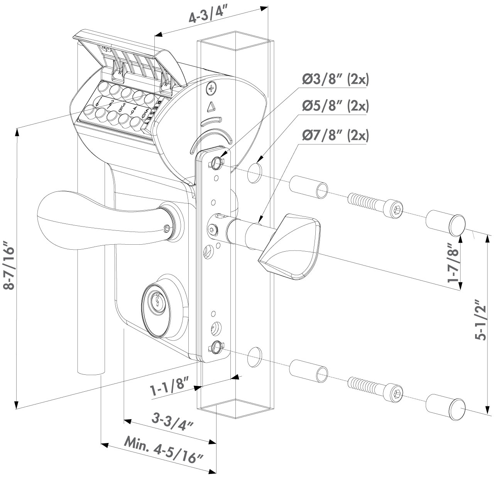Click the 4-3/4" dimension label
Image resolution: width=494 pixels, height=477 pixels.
208,17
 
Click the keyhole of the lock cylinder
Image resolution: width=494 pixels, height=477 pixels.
157,301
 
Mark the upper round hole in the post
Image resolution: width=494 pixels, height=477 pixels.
254,173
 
